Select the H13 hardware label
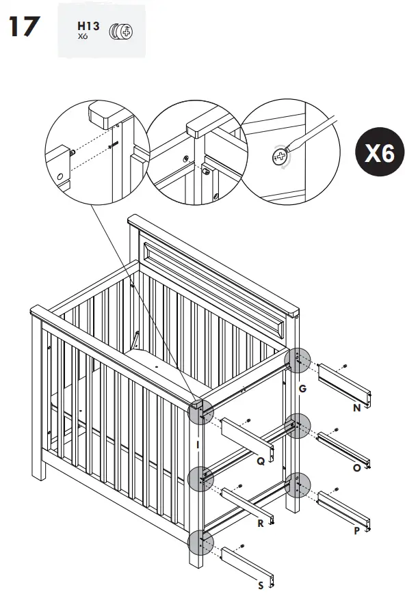(88, 27)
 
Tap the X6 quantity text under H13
(83, 36)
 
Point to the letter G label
(302, 388)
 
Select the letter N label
(357, 408)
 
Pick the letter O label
(356, 468)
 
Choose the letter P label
(356, 530)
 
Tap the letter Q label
(261, 461)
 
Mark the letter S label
(261, 585)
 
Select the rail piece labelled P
(345, 509)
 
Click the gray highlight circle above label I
(200, 412)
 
